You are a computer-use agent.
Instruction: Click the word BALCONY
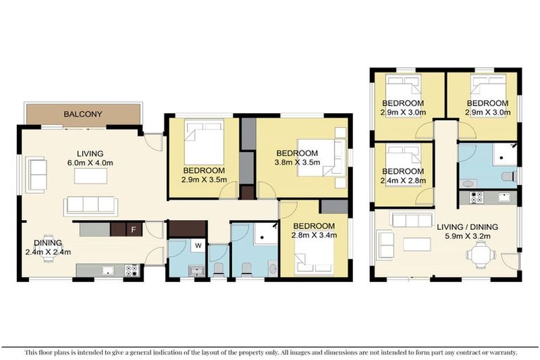[x=83, y=114]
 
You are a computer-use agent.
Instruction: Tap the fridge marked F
[x=133, y=229]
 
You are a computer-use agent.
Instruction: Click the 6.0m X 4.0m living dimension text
[x=90, y=162]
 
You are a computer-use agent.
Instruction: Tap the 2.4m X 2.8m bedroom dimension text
[x=403, y=180]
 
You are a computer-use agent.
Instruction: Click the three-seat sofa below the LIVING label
[x=90, y=205]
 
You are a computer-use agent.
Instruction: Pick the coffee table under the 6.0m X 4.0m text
[x=90, y=176]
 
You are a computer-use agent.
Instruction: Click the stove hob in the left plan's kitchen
[x=131, y=269]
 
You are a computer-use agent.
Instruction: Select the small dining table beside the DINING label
[x=49, y=257]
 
